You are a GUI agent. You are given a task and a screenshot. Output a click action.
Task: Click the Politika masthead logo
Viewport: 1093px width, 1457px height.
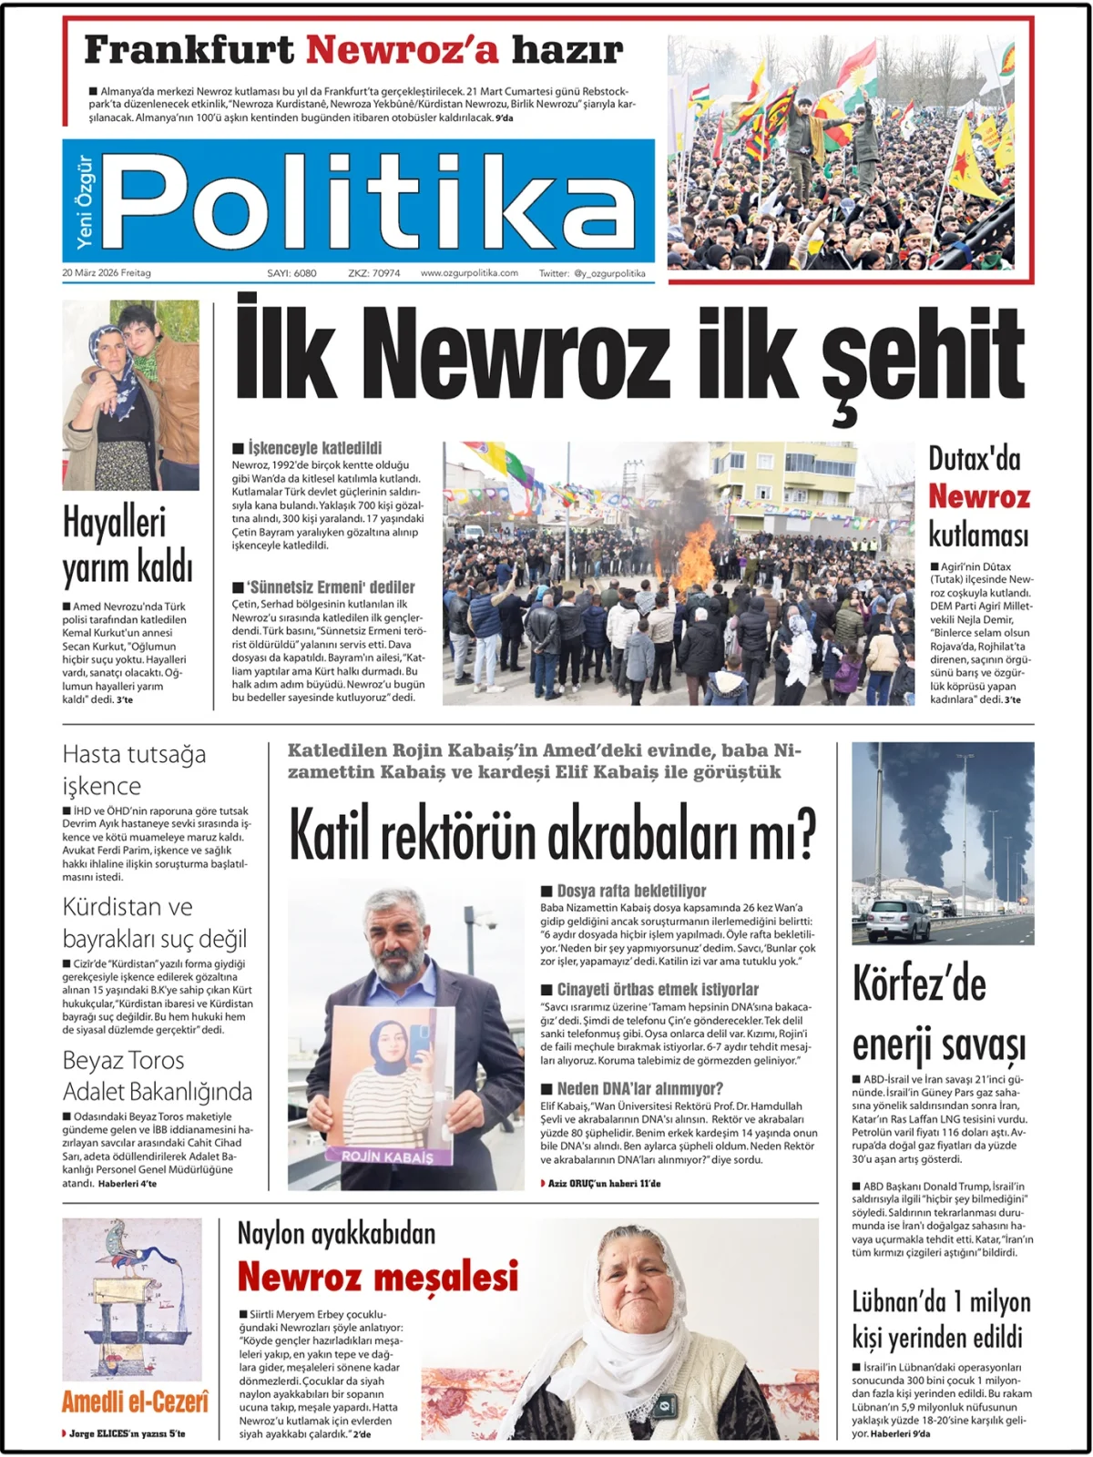click(x=369, y=201)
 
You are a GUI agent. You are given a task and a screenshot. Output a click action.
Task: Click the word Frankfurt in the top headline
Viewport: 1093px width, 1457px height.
click(x=189, y=50)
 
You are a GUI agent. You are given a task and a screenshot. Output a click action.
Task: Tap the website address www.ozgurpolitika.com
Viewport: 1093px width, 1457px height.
click(x=469, y=273)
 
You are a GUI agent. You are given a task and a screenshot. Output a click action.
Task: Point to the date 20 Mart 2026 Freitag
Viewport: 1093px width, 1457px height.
click(x=107, y=273)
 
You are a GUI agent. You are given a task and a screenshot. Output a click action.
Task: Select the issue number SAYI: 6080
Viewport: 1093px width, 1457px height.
click(x=291, y=273)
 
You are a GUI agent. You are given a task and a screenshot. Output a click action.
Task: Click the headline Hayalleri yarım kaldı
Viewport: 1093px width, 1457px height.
click(x=128, y=545)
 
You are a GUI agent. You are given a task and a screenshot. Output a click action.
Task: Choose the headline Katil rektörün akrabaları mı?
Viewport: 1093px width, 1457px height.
click(x=552, y=833)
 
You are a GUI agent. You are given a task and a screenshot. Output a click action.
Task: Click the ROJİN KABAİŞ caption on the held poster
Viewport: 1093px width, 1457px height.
click(x=387, y=1156)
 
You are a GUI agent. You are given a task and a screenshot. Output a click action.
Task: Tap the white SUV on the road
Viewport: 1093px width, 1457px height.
click(x=897, y=920)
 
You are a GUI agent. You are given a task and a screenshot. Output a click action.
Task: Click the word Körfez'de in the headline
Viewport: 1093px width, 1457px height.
click(x=918, y=985)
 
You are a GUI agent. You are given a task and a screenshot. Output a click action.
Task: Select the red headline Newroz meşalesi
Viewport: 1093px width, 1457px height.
click(x=378, y=1277)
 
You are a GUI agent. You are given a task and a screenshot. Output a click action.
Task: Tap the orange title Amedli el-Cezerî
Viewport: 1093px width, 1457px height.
click(x=135, y=1401)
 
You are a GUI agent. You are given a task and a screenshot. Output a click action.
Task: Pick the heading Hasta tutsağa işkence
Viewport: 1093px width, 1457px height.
click(x=134, y=769)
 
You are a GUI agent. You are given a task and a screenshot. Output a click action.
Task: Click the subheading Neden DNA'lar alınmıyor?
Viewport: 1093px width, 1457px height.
click(x=639, y=1088)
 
